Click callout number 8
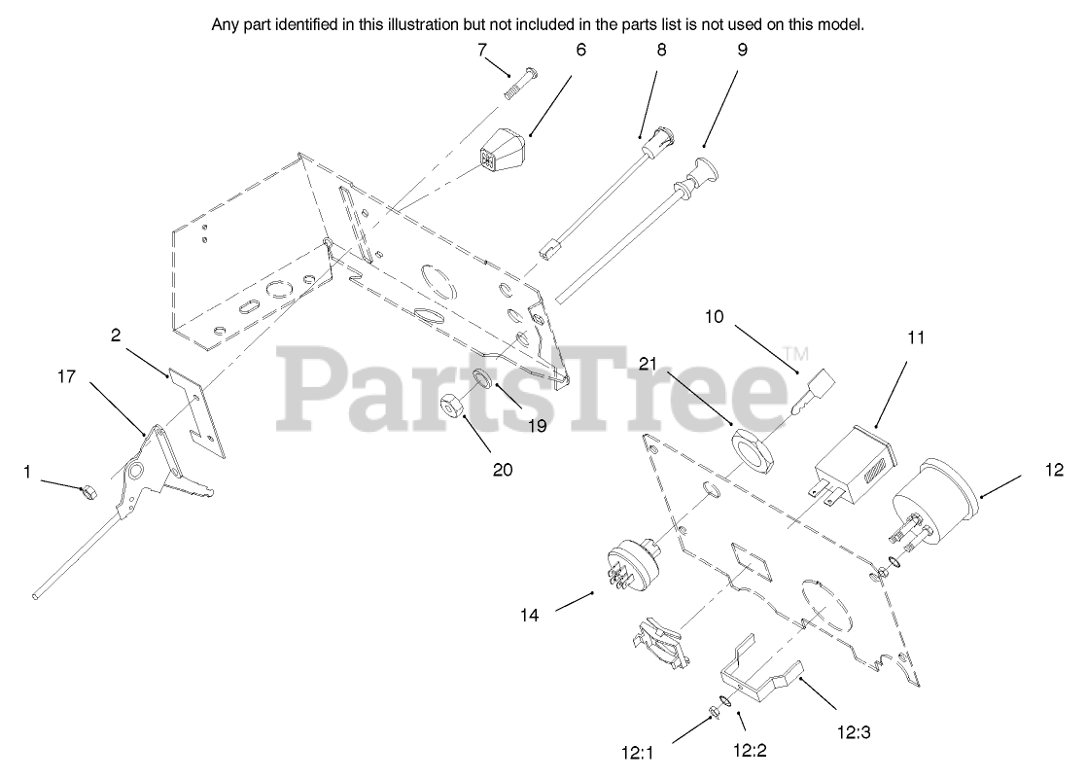tap(661, 50)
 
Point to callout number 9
tap(743, 50)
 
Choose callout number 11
tap(916, 337)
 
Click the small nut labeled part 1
tap(85, 492)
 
